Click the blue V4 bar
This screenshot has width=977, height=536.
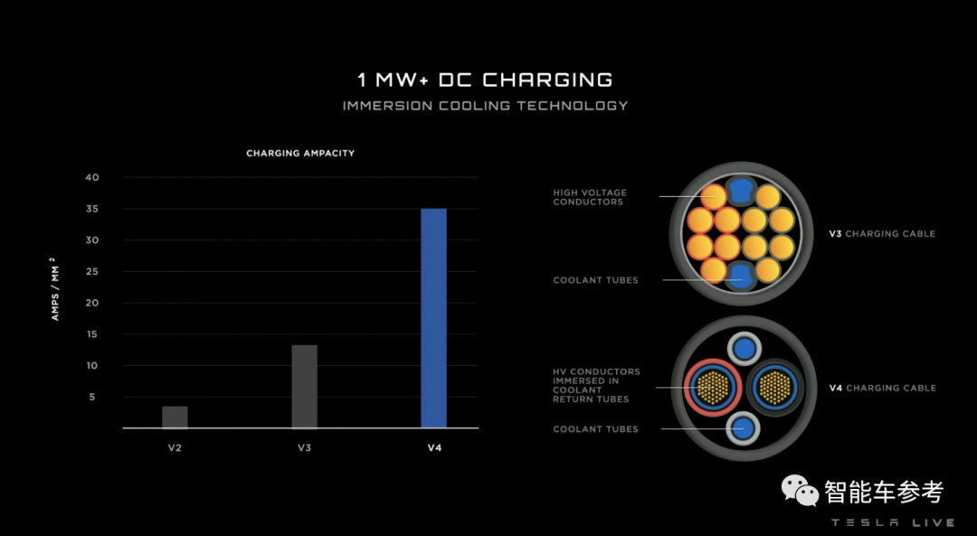point(433,317)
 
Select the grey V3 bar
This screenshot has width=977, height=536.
point(304,386)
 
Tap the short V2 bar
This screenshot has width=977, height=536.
point(175,417)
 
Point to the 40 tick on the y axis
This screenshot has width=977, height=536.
point(92,177)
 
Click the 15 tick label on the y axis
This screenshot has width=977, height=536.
point(92,334)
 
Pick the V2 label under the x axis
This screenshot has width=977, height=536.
point(175,447)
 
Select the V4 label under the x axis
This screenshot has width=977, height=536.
point(433,447)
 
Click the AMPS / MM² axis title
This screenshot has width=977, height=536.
point(55,287)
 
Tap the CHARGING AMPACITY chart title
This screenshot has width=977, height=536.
point(300,154)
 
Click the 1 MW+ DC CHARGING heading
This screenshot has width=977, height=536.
point(485,80)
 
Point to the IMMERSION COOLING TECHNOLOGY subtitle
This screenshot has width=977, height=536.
point(485,106)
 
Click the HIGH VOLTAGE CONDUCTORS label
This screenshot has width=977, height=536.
point(590,197)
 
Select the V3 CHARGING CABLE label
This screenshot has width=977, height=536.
point(882,233)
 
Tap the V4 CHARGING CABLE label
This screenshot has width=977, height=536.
point(882,388)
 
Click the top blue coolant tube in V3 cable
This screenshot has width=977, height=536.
point(741,190)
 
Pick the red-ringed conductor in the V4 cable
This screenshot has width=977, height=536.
point(711,388)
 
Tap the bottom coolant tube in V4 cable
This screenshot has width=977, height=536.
point(744,429)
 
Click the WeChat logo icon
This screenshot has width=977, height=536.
point(800,491)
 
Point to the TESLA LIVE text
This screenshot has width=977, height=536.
point(892,522)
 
